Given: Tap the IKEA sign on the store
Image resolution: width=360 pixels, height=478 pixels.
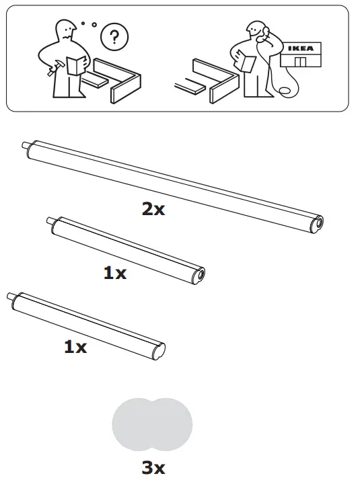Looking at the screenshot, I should (x=300, y=48).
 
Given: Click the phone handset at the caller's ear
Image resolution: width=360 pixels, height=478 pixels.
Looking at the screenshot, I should (x=264, y=32).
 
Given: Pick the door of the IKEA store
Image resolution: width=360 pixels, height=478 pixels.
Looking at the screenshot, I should (x=300, y=63).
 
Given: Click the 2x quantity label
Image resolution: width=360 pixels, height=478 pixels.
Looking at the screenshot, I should (x=153, y=209).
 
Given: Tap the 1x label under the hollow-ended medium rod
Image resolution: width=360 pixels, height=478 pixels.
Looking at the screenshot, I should (x=114, y=274).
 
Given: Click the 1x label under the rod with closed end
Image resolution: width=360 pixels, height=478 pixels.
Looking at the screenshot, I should (x=75, y=347).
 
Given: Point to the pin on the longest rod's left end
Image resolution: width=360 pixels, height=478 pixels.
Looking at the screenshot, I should (x=26, y=144).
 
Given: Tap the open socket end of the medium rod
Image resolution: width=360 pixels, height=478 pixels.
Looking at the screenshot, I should (x=200, y=274).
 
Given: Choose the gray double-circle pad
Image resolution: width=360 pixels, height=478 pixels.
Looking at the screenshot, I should (x=152, y=424).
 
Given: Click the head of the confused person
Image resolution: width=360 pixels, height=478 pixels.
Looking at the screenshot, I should (x=66, y=30).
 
